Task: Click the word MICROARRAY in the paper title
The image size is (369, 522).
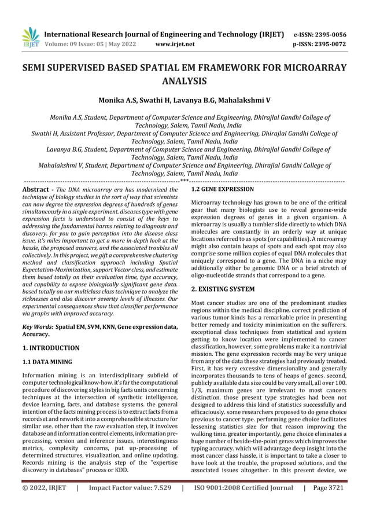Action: (315, 69)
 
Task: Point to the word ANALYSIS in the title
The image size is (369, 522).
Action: (184, 82)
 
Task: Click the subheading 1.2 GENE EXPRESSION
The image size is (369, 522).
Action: (222, 189)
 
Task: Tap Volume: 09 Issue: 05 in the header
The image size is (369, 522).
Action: (75, 44)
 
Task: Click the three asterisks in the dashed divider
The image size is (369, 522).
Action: (184, 181)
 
